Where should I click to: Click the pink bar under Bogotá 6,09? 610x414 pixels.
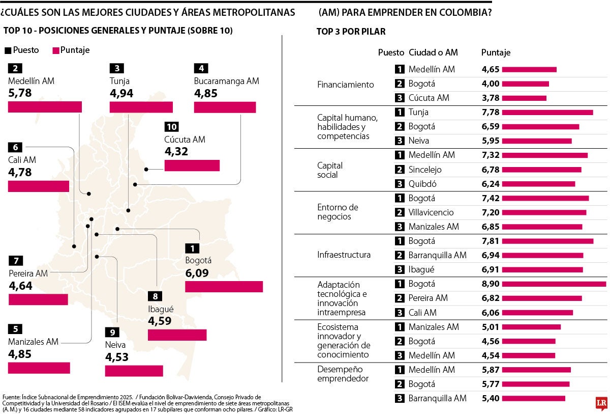tap(224, 286)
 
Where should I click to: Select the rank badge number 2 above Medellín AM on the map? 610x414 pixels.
tap(15, 69)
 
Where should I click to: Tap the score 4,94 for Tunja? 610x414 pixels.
tap(124, 92)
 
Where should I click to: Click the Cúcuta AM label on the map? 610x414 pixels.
tap(185, 139)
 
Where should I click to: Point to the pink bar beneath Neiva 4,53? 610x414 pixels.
tap(134, 371)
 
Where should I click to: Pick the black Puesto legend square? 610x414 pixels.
tap(8, 50)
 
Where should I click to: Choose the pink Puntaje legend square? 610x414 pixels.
tap(55, 50)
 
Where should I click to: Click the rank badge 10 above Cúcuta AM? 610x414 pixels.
tap(172, 127)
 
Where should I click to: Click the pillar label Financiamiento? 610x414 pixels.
tap(345, 85)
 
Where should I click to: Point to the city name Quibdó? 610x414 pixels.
tap(422, 184)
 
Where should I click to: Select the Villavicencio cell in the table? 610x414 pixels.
tap(431, 212)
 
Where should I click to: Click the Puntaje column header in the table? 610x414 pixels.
tap(496, 52)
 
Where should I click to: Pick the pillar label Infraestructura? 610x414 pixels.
tap(344, 255)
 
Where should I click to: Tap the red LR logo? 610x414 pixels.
tap(601, 403)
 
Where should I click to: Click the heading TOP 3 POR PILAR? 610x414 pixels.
tap(351, 32)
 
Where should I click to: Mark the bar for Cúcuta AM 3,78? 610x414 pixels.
tap(524, 98)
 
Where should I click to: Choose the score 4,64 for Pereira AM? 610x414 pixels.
tap(21, 286)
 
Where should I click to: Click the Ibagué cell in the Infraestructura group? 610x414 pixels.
tap(421, 269)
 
